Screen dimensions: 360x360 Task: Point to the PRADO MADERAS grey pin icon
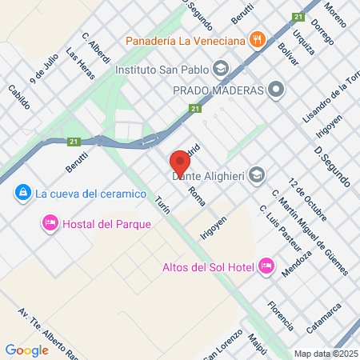(277, 90)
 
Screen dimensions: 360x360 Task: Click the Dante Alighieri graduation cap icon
(257, 174)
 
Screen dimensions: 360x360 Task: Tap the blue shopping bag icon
(21, 193)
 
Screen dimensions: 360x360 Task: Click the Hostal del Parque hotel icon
(50, 223)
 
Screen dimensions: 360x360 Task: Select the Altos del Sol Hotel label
(207, 266)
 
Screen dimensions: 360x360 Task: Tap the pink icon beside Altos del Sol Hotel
(266, 266)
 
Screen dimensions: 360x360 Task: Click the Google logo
(26, 350)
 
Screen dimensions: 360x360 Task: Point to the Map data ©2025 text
(325, 354)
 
